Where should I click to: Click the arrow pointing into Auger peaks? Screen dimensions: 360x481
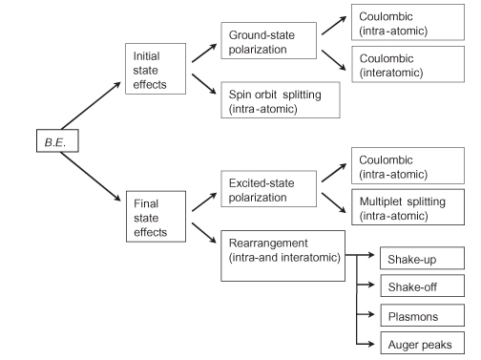(368, 344)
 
